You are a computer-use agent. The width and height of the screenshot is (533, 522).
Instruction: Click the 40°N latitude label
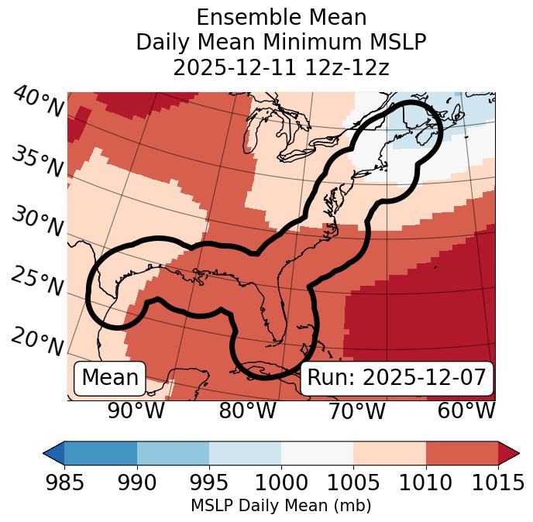(38, 102)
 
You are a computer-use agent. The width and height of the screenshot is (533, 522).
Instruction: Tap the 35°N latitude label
(37, 161)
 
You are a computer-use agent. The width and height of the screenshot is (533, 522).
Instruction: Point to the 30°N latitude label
(37, 222)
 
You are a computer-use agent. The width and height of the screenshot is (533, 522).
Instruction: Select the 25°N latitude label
(37, 281)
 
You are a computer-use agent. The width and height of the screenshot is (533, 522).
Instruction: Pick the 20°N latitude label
(37, 341)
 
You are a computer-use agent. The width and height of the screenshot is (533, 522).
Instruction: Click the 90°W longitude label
(136, 410)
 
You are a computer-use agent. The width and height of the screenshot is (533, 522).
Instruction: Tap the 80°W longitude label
(247, 410)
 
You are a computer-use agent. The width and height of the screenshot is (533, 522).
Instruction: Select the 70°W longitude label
(356, 410)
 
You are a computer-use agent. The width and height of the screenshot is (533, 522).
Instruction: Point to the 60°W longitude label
(466, 410)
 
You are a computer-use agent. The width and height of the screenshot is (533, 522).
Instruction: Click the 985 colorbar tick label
(65, 483)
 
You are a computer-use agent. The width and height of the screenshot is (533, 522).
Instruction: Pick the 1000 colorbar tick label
(281, 483)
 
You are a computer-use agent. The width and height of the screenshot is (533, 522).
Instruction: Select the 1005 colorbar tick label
(353, 483)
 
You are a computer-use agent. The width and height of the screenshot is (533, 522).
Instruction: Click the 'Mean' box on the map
(110, 378)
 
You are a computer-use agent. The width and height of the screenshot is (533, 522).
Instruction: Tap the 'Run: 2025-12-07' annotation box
(397, 378)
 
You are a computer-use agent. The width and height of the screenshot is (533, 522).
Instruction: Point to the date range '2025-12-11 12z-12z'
(281, 67)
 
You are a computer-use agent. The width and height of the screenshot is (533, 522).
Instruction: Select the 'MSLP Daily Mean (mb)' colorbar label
(281, 506)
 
